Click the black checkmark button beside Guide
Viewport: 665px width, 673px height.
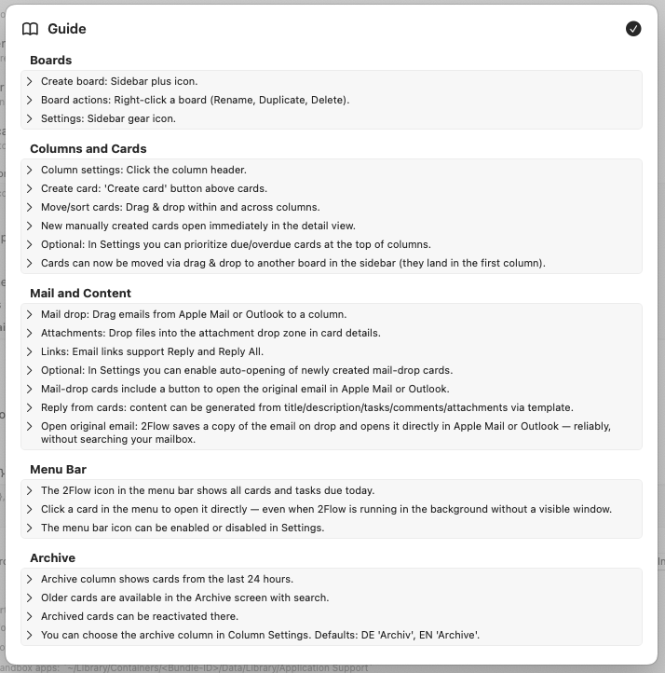(x=633, y=29)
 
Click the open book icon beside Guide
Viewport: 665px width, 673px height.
(x=31, y=29)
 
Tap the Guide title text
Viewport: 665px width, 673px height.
(x=67, y=29)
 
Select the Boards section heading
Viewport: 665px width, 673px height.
(x=50, y=61)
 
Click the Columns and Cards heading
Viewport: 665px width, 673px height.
(x=88, y=148)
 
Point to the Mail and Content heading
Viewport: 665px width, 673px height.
(x=80, y=293)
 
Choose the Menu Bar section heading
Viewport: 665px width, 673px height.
(x=58, y=469)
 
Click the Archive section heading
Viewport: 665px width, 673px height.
(x=52, y=557)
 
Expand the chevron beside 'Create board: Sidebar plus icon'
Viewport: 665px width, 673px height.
(x=30, y=81)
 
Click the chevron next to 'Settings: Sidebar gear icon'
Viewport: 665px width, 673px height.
(x=30, y=118)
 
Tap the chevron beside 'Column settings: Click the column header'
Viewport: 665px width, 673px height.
(x=30, y=170)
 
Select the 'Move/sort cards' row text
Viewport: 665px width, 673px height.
(x=180, y=207)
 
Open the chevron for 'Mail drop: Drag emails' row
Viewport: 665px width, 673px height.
(x=30, y=314)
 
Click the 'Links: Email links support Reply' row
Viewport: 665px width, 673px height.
(x=152, y=351)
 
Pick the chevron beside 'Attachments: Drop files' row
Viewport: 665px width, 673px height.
(x=30, y=333)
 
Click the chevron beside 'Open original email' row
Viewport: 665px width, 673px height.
(x=30, y=426)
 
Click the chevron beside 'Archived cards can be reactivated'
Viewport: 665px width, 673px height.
(x=30, y=616)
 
